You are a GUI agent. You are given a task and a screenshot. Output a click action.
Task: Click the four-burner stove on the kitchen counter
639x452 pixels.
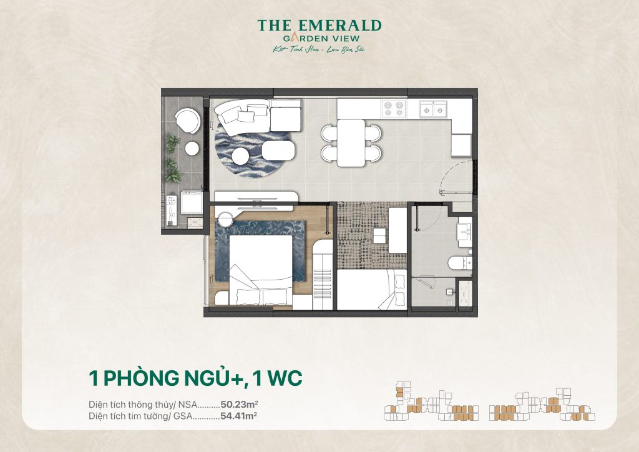tap(394, 109)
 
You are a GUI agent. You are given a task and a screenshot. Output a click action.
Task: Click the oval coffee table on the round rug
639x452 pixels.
tap(278, 150)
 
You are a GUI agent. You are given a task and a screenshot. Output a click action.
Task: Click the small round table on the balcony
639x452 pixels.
tap(192, 148)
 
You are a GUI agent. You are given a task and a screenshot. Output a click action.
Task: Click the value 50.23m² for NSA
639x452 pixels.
tap(239, 405)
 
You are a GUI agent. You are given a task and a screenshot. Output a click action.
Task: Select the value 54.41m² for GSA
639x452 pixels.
tap(239, 415)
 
